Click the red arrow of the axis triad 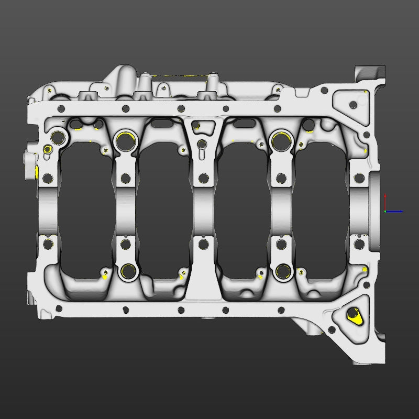point(385,201)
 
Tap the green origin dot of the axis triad point(385,212)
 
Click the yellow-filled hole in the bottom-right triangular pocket point(354,314)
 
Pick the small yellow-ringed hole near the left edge point(48,149)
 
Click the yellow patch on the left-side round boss point(37,171)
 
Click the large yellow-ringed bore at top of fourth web point(281,140)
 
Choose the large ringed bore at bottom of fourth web point(283,271)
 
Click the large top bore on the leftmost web point(58,138)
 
